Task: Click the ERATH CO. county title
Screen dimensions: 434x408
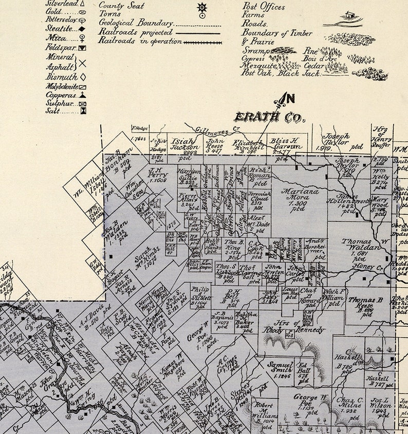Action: (270, 117)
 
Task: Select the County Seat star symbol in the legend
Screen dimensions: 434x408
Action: (201, 7)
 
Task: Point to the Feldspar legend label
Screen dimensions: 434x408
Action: (60, 48)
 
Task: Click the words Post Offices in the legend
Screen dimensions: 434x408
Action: (263, 7)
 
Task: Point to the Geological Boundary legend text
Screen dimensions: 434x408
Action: (135, 23)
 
